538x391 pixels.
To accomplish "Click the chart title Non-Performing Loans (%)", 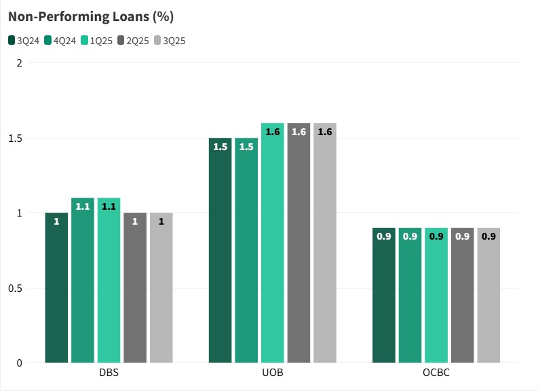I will coord(91,16).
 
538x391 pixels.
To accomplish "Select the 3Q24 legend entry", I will coord(24,41).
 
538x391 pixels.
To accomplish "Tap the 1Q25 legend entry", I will coord(97,41).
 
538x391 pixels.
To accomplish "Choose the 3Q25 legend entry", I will coord(170,41).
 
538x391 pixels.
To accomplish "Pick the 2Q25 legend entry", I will coord(134,41).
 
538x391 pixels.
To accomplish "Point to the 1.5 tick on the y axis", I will coord(16,138).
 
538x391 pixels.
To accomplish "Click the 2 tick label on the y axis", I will coord(20,63).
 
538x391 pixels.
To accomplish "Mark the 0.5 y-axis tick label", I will coord(16,288).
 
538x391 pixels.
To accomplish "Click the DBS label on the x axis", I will coord(109,374).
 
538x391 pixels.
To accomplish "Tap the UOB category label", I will coord(273,374).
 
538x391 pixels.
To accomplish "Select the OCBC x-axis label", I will coord(436,374).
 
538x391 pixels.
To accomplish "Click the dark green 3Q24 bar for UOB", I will coord(220,250).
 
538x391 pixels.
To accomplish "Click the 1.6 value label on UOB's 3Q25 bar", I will coord(325,132).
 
